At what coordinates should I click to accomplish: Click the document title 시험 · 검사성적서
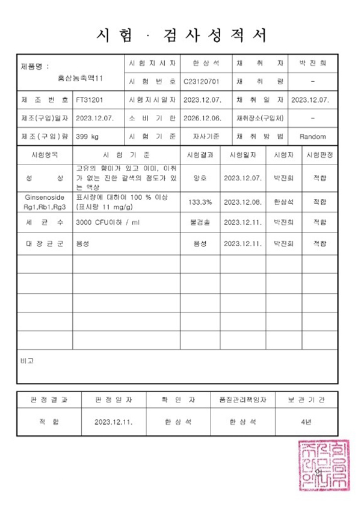coord(181,34)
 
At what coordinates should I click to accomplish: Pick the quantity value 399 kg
coord(88,136)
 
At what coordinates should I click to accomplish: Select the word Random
coord(312,136)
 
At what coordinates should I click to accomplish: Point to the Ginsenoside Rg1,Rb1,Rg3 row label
coord(45,201)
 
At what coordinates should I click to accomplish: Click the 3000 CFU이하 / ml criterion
coord(108,222)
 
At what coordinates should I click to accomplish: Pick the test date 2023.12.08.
coord(243,201)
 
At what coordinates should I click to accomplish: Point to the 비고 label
coord(27,360)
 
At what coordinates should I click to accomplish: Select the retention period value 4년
coord(306,422)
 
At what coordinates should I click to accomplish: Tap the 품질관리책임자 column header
coord(243,399)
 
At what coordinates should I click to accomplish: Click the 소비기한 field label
coord(152,117)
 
